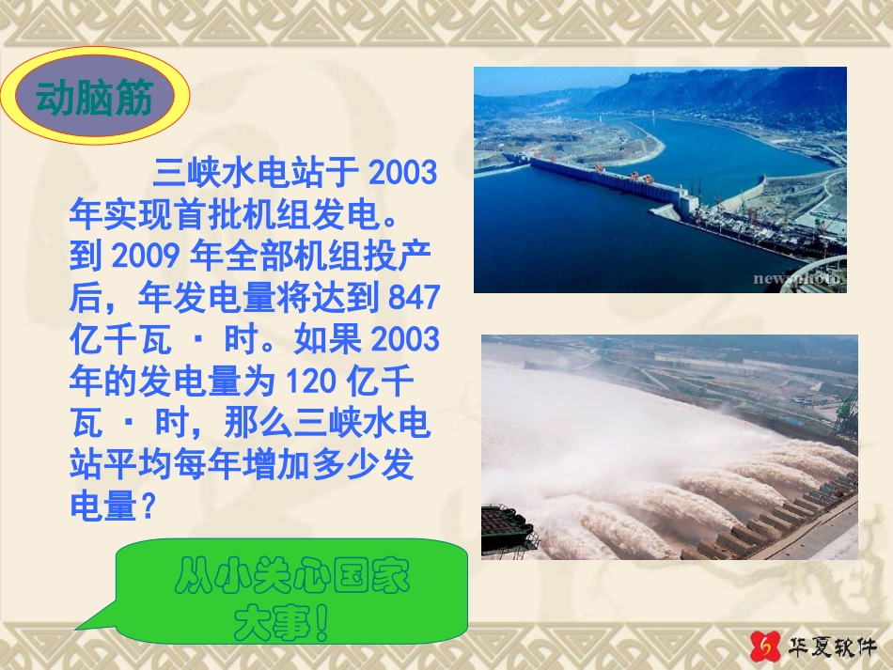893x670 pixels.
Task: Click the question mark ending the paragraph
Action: coord(147,507)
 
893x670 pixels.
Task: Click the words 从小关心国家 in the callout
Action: coord(292,579)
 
